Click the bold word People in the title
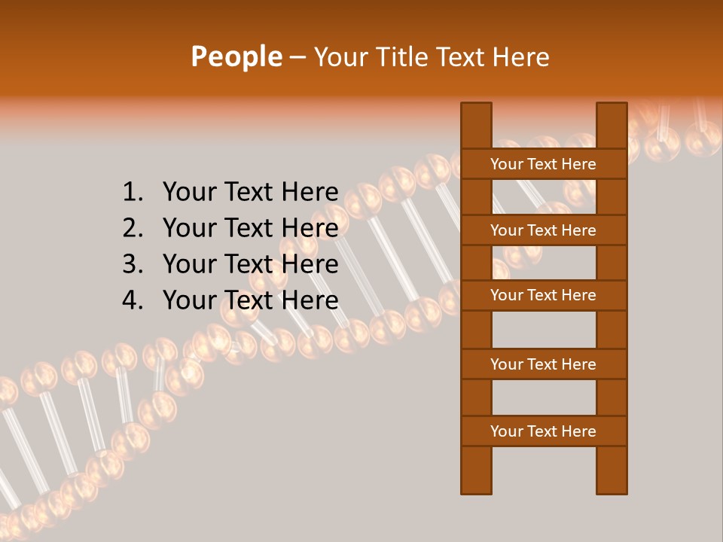pyautogui.click(x=236, y=56)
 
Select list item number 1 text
pyautogui.click(x=250, y=192)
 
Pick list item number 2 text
pyautogui.click(x=250, y=228)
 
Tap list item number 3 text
pyautogui.click(x=250, y=264)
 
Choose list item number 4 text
pyautogui.click(x=250, y=300)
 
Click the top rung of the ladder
pyautogui.click(x=543, y=164)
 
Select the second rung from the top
pyautogui.click(x=543, y=230)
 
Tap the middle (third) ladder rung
pyautogui.click(x=543, y=295)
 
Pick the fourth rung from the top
pyautogui.click(x=543, y=364)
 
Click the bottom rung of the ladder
pyautogui.click(x=543, y=431)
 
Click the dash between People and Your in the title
pyautogui.click(x=297, y=58)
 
